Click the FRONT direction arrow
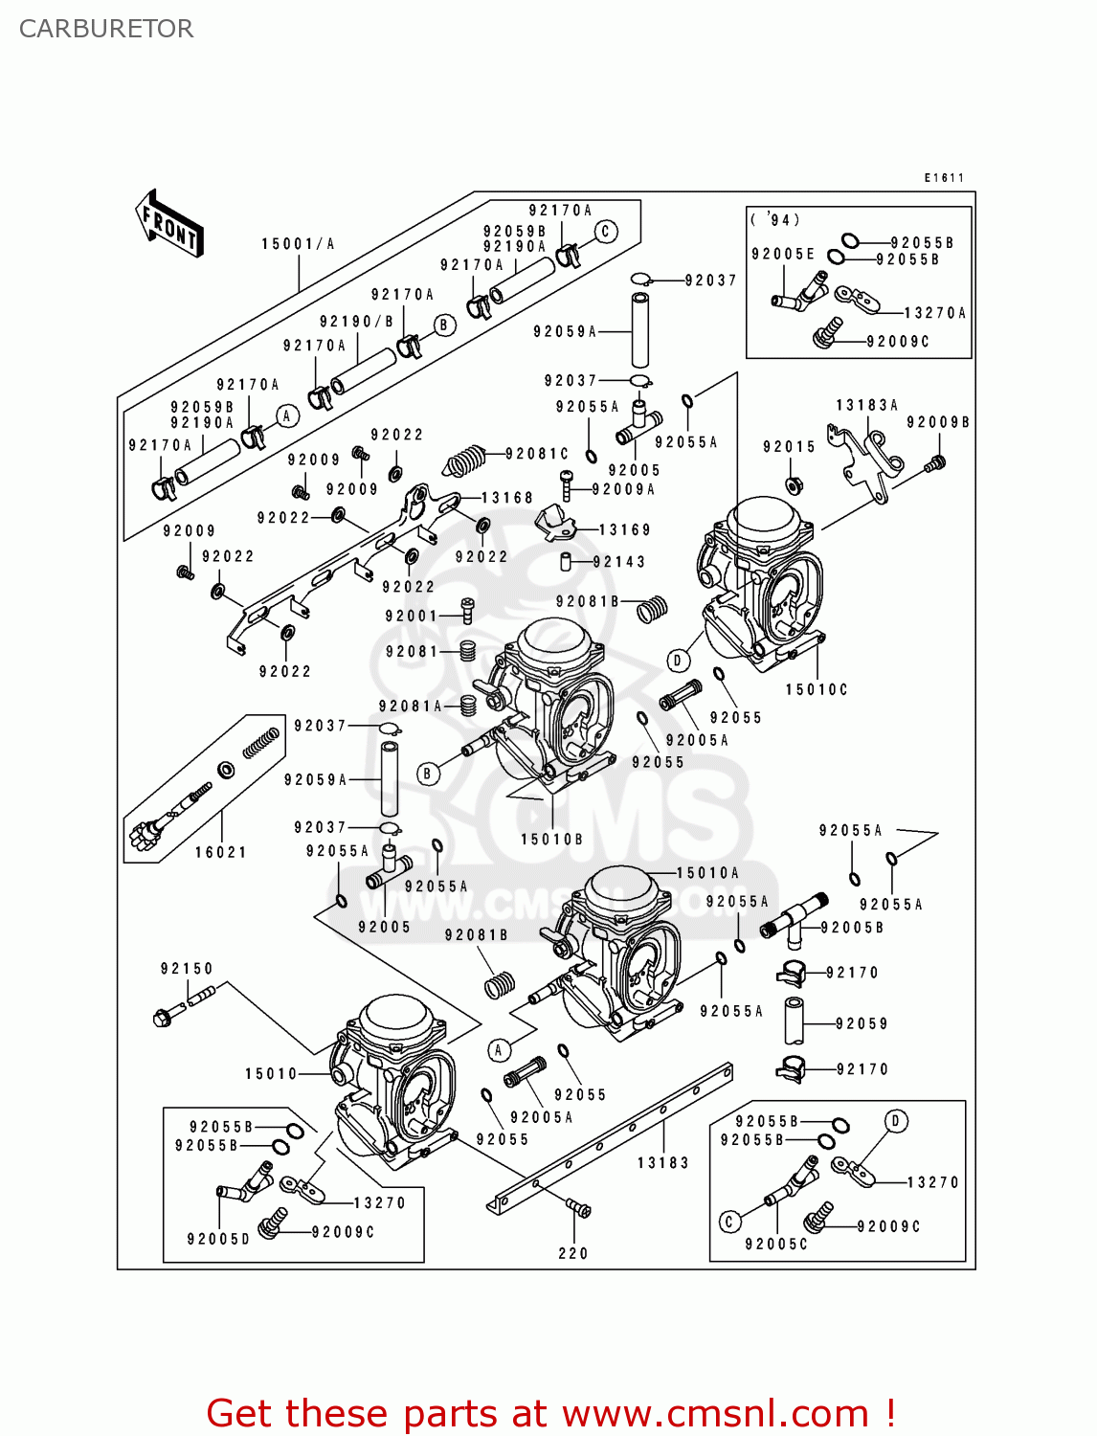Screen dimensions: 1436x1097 (169, 223)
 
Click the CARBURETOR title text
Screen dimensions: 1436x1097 (106, 29)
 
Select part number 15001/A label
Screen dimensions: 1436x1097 (298, 244)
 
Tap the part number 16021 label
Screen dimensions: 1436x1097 (221, 852)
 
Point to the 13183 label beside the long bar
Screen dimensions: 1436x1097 (663, 1163)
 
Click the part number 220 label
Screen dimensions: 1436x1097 (573, 1253)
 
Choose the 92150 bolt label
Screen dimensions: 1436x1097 (187, 969)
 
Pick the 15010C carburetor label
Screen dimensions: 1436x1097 (817, 689)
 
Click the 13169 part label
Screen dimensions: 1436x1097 (624, 529)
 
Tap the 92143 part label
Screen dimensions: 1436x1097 (619, 562)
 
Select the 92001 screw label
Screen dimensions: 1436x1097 (411, 617)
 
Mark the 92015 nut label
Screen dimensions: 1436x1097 (789, 447)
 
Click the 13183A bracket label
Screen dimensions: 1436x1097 (866, 405)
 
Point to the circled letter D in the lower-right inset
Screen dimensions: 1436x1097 (896, 1121)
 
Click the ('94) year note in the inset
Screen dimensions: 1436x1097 (775, 220)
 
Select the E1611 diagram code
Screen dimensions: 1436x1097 (944, 178)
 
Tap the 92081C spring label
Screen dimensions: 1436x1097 (537, 454)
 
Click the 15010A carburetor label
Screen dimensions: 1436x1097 (707, 873)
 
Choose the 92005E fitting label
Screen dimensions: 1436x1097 (783, 254)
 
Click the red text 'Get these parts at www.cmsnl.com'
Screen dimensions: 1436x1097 (550, 1413)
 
